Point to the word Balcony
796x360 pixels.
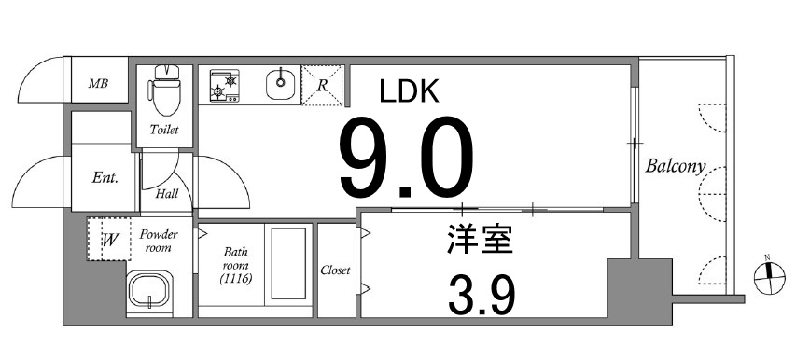pyautogui.click(x=674, y=168)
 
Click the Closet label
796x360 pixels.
pyautogui.click(x=335, y=270)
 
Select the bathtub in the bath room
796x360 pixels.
pyautogui.click(x=287, y=265)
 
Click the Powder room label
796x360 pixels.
pyautogui.click(x=158, y=242)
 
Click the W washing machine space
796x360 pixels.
pyautogui.click(x=109, y=240)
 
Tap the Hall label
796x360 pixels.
pyautogui.click(x=167, y=194)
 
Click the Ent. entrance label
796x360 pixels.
pyautogui.click(x=105, y=178)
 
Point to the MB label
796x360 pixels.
pyautogui.click(x=98, y=84)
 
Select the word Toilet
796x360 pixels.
pyautogui.click(x=165, y=130)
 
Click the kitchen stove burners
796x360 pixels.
pyautogui.click(x=225, y=86)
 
